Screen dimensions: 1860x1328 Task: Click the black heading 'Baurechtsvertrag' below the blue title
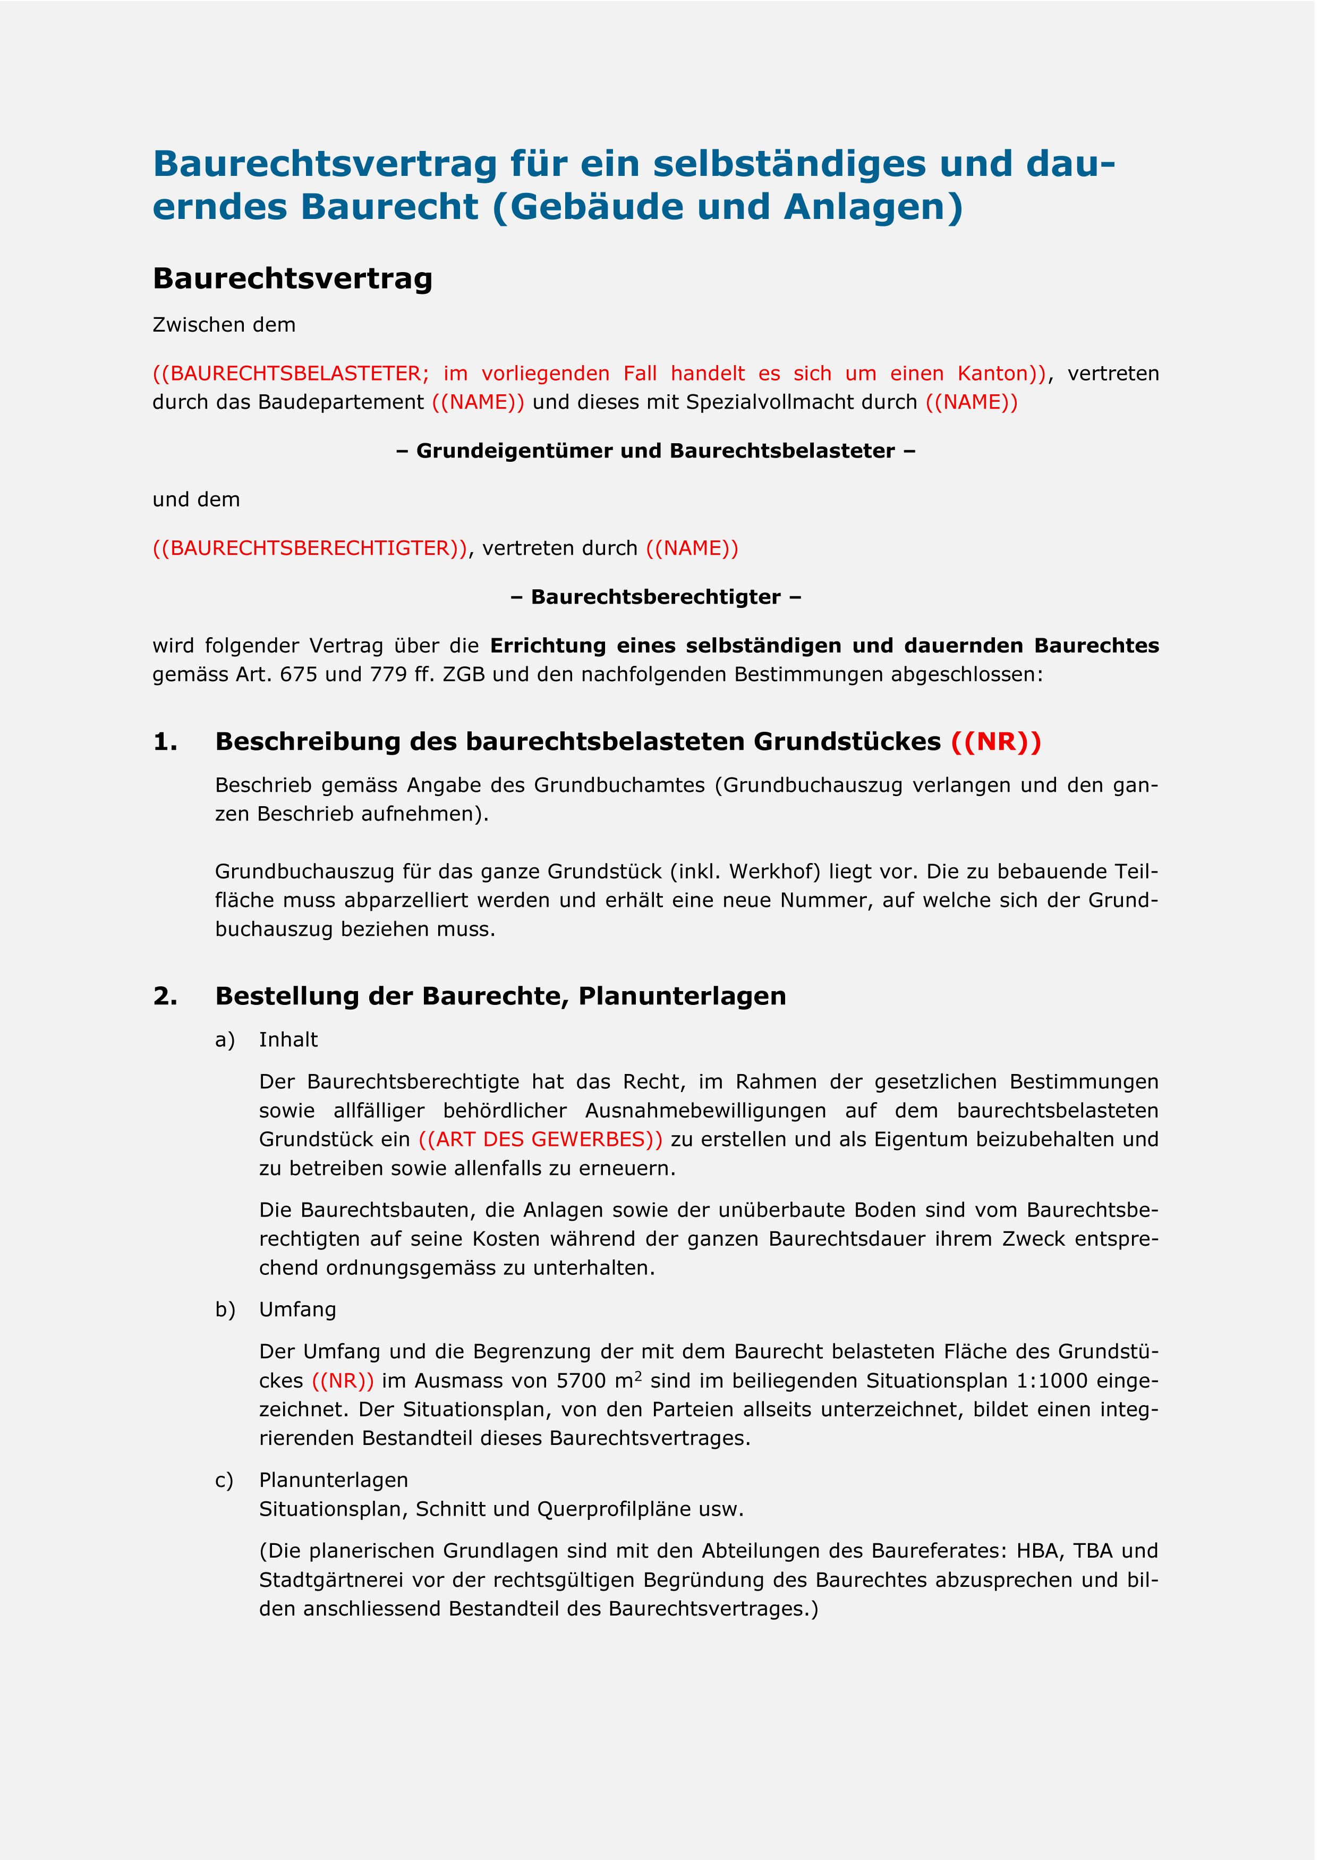click(292, 279)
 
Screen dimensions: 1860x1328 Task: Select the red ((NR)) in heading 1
click(996, 742)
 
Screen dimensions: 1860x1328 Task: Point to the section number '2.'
click(165, 996)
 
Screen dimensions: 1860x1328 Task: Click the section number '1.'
click(165, 742)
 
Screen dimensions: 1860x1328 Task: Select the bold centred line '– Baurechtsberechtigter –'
click(656, 597)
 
